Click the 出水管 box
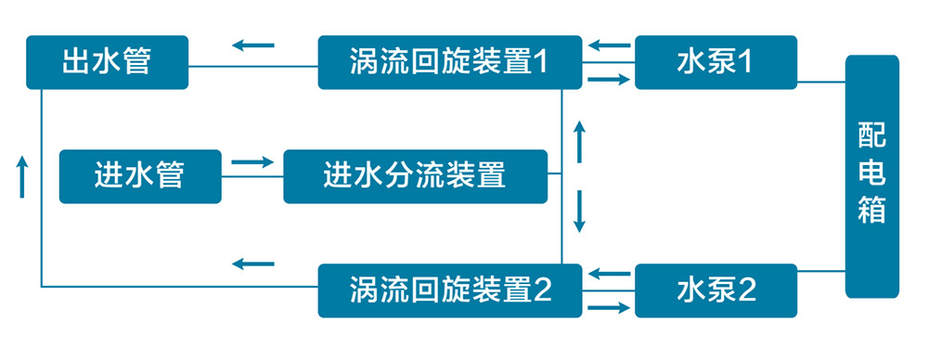[x=107, y=62]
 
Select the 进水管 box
[x=140, y=176]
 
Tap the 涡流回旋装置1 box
[x=450, y=62]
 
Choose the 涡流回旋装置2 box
[x=450, y=290]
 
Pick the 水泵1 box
[x=715, y=62]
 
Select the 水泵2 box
[x=715, y=290]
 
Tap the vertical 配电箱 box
[x=871, y=176]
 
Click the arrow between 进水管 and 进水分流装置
[x=252, y=162]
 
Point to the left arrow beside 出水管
[x=253, y=44]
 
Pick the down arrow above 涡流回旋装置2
[x=580, y=212]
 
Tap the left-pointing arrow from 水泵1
[x=609, y=44]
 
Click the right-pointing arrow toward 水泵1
[x=609, y=80]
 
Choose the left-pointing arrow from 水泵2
[x=609, y=273]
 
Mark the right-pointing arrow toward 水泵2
[x=609, y=307]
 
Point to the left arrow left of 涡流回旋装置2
[x=253, y=264]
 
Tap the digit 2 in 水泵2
[x=747, y=291]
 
